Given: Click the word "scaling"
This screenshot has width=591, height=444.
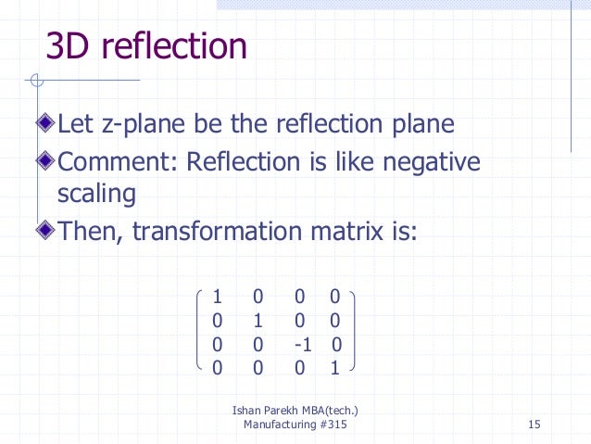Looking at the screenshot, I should tap(90, 195).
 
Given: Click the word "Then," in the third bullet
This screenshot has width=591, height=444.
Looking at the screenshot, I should tap(91, 228).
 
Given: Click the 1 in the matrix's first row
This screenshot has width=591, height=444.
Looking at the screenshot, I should tap(217, 298).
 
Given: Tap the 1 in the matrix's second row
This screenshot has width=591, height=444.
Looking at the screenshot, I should tap(258, 322).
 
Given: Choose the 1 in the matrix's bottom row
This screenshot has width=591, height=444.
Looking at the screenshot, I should tap(335, 368).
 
